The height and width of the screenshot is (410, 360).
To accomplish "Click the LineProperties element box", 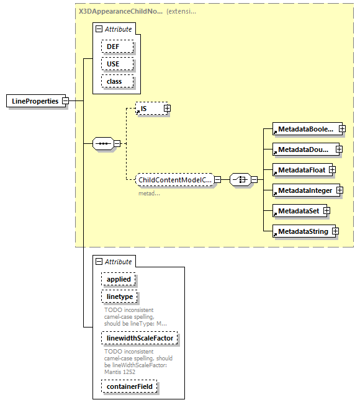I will click(x=35, y=101).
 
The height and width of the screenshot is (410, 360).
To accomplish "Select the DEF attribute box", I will click(x=112, y=47).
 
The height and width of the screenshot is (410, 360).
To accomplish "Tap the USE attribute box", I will click(x=112, y=64).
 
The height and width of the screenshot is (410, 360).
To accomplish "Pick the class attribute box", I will click(x=114, y=81).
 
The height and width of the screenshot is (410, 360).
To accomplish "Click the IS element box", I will click(x=149, y=109).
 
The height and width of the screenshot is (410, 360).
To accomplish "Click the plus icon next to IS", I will click(x=167, y=109).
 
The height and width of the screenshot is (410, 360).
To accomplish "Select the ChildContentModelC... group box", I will click(x=174, y=180).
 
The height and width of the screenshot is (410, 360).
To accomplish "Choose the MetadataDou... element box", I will click(x=304, y=149).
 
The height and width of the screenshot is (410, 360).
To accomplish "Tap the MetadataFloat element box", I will click(x=300, y=169).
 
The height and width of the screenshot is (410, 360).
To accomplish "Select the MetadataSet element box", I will click(x=297, y=211).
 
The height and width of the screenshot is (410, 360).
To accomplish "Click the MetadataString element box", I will click(x=301, y=231).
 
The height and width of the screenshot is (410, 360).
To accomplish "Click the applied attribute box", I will click(x=119, y=279).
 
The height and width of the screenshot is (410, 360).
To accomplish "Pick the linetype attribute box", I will click(x=120, y=296).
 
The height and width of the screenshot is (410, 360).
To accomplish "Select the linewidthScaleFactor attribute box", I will click(x=140, y=339).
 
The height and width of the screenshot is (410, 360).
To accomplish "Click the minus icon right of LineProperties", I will click(x=65, y=101).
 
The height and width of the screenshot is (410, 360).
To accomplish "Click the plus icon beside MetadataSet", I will click(x=326, y=211).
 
